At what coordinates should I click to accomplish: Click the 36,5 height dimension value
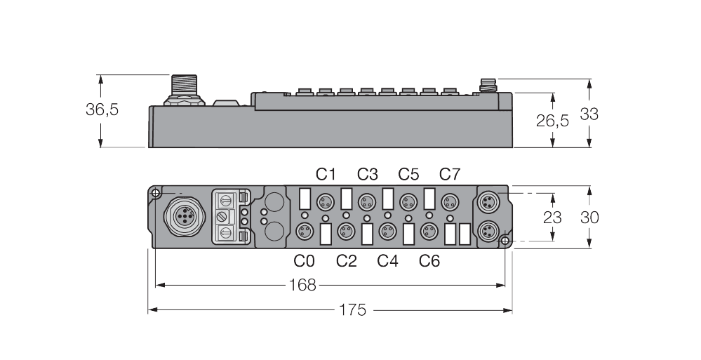pyautogui.click(x=102, y=109)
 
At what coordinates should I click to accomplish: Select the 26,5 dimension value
pyautogui.click(x=552, y=121)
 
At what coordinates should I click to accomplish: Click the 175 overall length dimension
pyautogui.click(x=352, y=309)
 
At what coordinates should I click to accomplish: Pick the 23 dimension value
pyautogui.click(x=552, y=218)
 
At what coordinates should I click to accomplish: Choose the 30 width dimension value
pyautogui.click(x=589, y=218)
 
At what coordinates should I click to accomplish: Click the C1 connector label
pyautogui.click(x=326, y=174)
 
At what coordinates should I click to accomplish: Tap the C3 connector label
pyautogui.click(x=367, y=174)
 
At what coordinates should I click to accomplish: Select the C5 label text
pyautogui.click(x=408, y=174)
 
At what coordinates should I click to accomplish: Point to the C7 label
pyautogui.click(x=450, y=174)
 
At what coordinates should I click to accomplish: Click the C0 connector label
pyautogui.click(x=304, y=261)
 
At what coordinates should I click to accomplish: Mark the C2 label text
pyautogui.click(x=346, y=261)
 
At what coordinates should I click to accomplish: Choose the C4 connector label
pyautogui.click(x=387, y=261)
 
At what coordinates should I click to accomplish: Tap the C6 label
pyautogui.click(x=429, y=261)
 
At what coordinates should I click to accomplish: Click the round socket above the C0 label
pyautogui.click(x=305, y=230)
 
